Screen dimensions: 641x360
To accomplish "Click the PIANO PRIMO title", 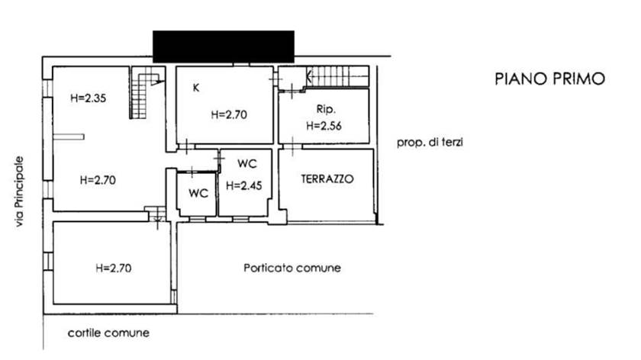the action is pos(550,79).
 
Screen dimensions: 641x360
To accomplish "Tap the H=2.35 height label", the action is pos(89,98).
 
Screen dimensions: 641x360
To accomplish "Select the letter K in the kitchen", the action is pos(196,88).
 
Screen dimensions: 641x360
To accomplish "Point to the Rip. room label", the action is pos(327,109).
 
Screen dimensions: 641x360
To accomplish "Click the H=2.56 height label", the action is pos(324,126).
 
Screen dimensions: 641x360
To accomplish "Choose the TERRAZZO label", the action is pos(327,179).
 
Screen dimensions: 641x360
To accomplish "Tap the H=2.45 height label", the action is pos(244,186).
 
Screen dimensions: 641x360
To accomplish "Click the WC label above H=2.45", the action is pos(247,164).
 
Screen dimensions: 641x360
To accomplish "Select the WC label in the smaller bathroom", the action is pos(198,193).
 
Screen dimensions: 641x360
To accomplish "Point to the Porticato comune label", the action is pos(292,268).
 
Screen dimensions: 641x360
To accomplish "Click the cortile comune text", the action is pos(108,333).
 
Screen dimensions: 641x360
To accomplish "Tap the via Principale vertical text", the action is pos(19,191).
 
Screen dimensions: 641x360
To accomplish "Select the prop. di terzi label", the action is pos(430,143).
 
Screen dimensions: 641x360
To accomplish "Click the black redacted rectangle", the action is pos(224,47).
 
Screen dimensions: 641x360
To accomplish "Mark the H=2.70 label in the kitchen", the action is pos(229,115).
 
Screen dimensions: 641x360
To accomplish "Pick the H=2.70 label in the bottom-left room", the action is pos(114,268).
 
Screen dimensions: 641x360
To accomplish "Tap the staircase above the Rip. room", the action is pos(337,76).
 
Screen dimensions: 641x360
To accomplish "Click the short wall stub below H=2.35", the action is pos(68,137).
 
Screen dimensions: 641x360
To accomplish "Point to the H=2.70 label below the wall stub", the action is pos(98,180).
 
